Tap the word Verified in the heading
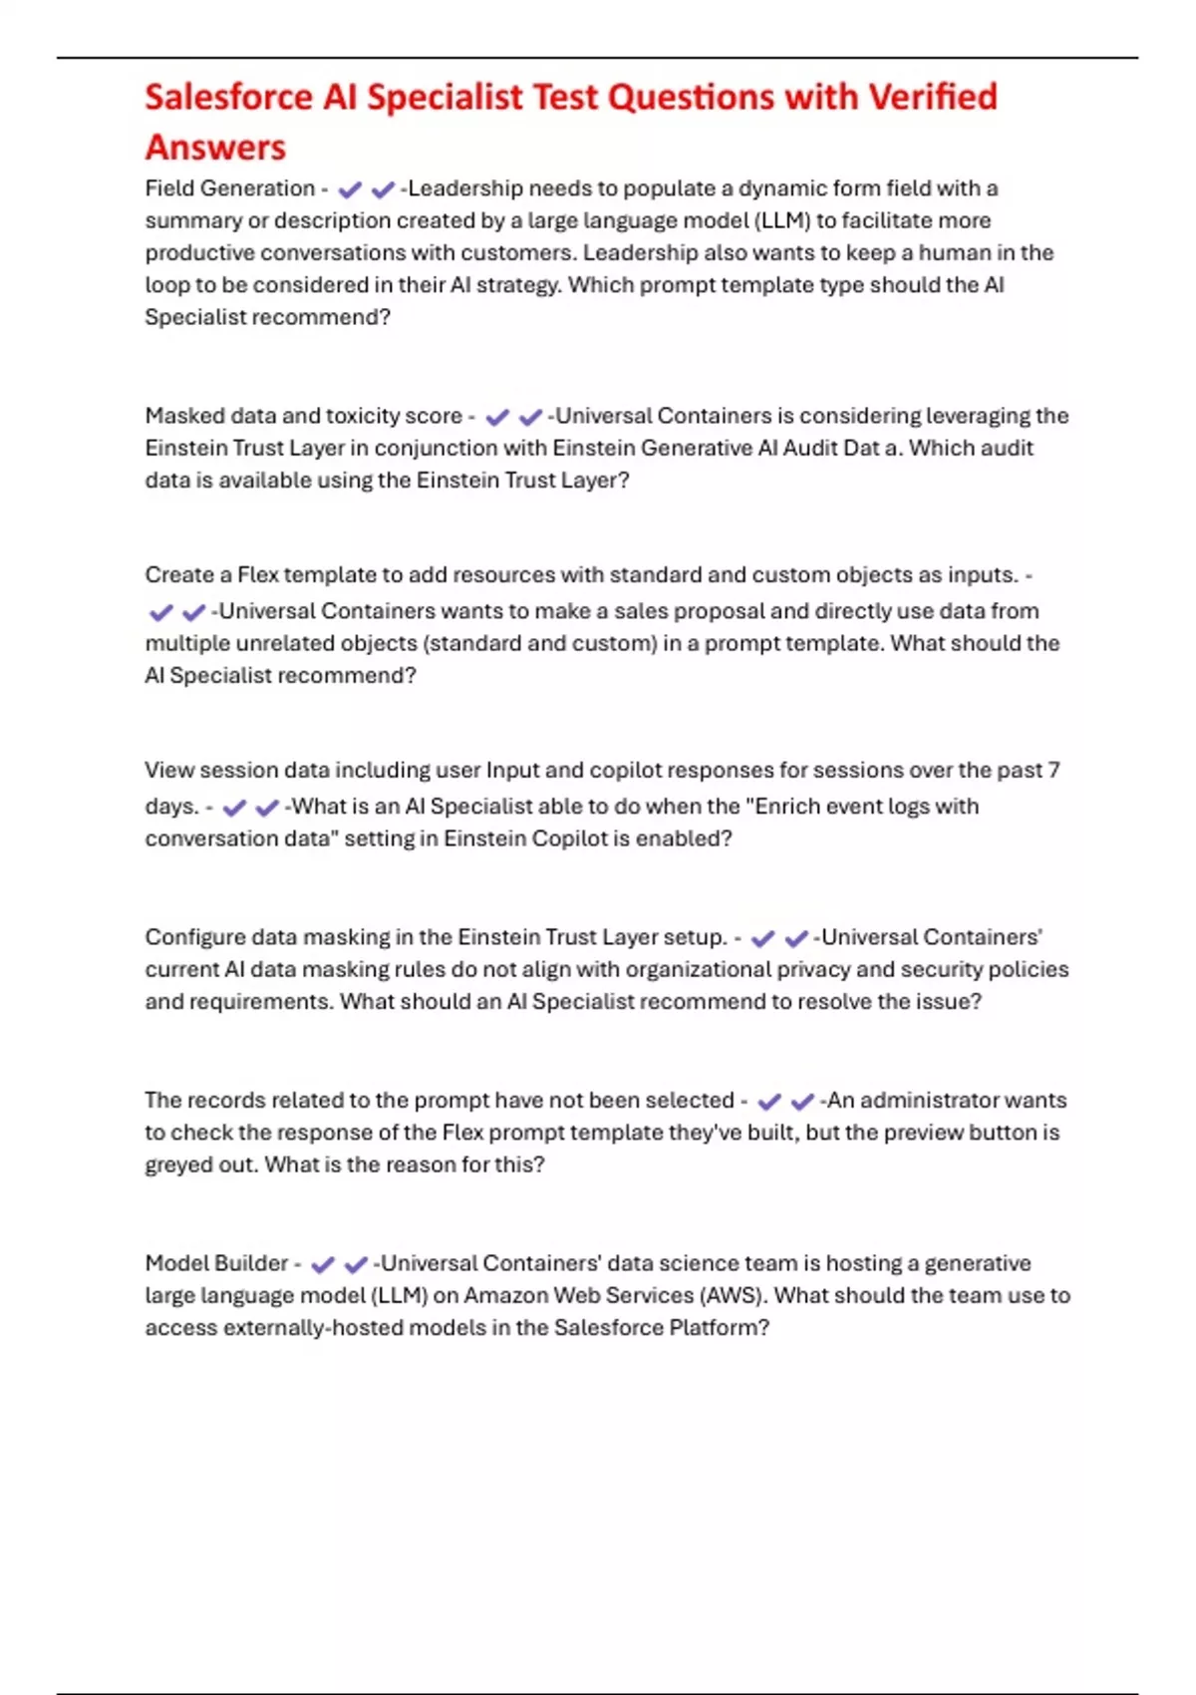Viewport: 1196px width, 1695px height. pyautogui.click(x=933, y=98)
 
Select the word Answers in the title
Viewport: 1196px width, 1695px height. pyautogui.click(x=215, y=148)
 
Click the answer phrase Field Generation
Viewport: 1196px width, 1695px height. pyautogui.click(x=229, y=188)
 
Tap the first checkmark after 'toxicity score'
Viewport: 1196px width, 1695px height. pyautogui.click(x=496, y=417)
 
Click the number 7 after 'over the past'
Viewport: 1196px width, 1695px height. pyautogui.click(x=1053, y=770)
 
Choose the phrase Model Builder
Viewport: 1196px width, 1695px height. pyautogui.click(x=216, y=1263)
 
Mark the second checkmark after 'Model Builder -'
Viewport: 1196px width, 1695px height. pyautogui.click(x=356, y=1264)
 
